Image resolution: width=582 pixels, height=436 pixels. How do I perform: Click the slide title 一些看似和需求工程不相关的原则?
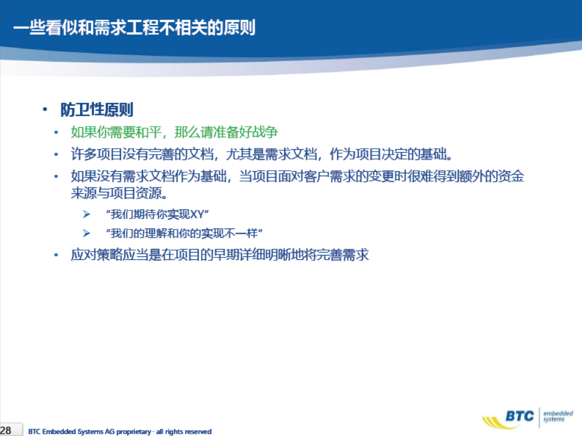(135, 27)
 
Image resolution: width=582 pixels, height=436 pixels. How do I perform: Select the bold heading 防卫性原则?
(97, 110)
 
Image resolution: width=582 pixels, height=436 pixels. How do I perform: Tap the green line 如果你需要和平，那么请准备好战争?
(174, 132)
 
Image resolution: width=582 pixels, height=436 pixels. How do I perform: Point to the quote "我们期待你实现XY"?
(158, 214)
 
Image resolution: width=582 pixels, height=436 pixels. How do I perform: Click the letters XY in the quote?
(197, 214)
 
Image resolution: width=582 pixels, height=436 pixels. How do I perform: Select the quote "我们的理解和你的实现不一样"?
(184, 233)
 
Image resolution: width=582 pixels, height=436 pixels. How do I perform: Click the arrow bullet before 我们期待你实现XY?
(87, 214)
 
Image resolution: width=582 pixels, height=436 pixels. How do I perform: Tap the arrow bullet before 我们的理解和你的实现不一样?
(87, 233)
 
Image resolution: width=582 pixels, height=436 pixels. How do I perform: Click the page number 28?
(6, 431)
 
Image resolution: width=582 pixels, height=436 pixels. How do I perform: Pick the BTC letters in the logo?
(520, 416)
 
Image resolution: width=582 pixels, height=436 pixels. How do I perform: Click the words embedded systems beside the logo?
(558, 416)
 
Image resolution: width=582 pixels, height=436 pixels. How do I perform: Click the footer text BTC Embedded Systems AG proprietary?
(90, 432)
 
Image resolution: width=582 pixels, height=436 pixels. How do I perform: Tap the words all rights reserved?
(184, 432)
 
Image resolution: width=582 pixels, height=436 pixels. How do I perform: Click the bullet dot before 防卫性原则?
(45, 109)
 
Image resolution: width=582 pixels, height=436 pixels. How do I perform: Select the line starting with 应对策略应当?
(220, 255)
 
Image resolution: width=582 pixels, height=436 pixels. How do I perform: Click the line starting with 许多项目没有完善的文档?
(262, 154)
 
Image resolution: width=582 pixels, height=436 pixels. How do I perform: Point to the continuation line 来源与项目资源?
(119, 193)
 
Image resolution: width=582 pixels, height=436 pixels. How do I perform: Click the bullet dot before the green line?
(56, 132)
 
